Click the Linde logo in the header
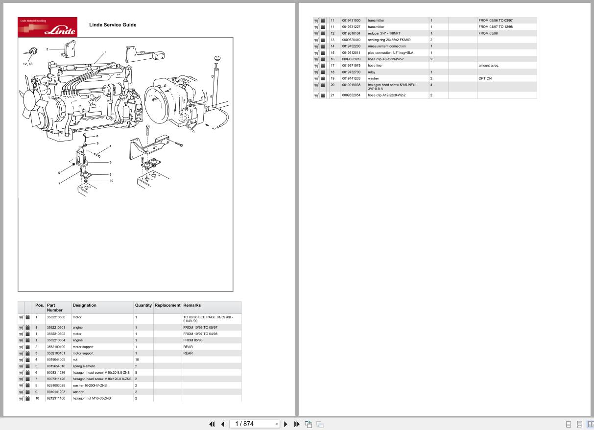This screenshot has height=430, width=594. [x=48, y=27]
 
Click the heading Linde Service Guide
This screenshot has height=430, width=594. [x=113, y=25]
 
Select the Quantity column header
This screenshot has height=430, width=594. [x=143, y=305]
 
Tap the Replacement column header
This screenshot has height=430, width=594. [x=167, y=305]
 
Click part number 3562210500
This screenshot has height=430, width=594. [x=56, y=317]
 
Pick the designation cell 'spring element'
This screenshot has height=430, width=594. [x=84, y=366]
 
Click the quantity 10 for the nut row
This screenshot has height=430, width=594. [x=137, y=359]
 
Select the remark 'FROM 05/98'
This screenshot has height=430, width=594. [x=193, y=340]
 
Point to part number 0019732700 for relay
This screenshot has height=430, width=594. [x=351, y=72]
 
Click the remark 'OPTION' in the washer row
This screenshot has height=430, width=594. [x=485, y=78]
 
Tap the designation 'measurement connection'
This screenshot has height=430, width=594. [x=387, y=46]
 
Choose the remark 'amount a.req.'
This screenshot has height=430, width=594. [x=489, y=65]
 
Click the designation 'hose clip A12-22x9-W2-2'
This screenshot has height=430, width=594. [x=387, y=95]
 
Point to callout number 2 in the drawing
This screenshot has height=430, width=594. [x=48, y=49]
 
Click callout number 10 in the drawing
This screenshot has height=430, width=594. [x=111, y=181]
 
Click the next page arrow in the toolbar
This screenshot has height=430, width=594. [x=286, y=424]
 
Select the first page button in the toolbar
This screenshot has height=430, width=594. [x=212, y=424]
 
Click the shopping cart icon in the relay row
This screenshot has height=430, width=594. [x=316, y=72]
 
